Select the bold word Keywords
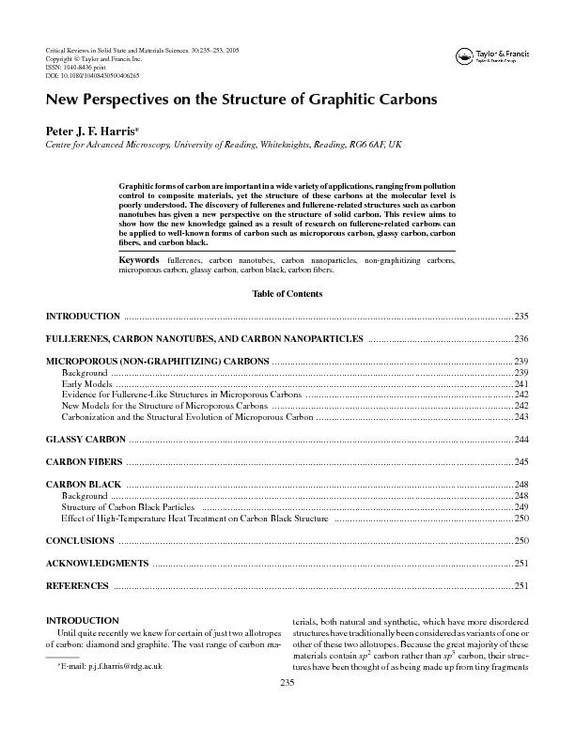[x=139, y=258]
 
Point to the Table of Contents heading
[x=287, y=294]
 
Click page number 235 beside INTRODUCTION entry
[x=521, y=317]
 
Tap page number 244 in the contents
[x=521, y=439]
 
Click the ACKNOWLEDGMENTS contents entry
[x=97, y=563]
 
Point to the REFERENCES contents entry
[x=78, y=585]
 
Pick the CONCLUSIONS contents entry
[x=81, y=541]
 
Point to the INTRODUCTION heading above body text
[x=82, y=621]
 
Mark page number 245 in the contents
[x=521, y=461]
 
